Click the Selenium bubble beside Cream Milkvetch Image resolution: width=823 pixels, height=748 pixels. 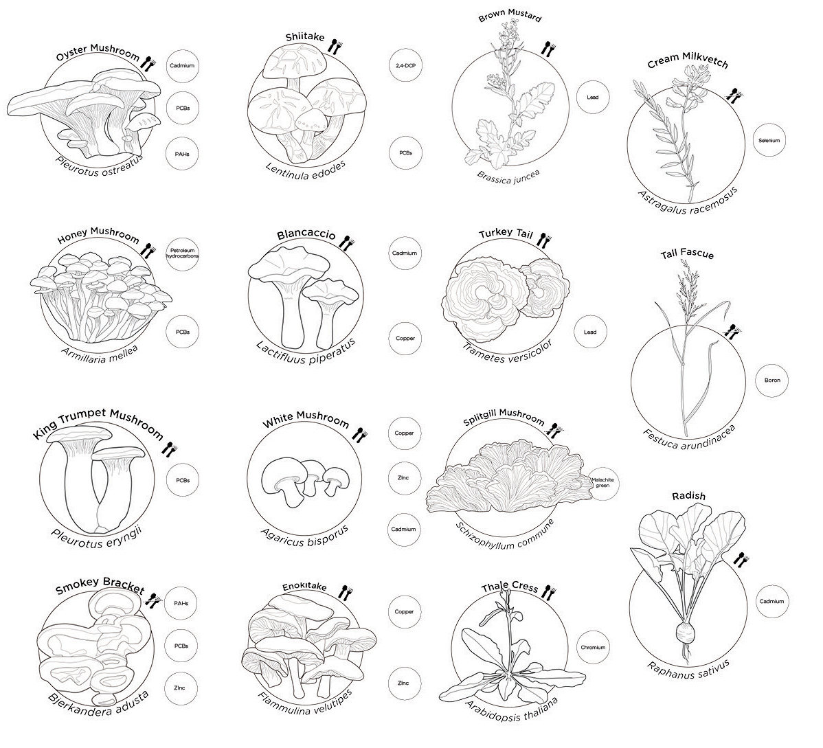click(769, 141)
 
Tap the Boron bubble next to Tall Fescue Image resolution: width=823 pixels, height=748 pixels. click(772, 380)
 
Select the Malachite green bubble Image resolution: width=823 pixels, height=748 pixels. click(602, 482)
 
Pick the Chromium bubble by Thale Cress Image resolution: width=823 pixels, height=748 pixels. click(593, 647)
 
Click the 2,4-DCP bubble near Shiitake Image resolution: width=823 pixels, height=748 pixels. click(406, 66)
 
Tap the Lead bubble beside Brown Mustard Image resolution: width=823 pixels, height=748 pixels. click(593, 97)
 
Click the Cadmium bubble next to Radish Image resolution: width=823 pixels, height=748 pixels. click(771, 601)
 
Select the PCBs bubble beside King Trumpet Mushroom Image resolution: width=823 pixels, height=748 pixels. click(183, 480)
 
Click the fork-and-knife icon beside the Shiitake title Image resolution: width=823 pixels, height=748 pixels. click(334, 45)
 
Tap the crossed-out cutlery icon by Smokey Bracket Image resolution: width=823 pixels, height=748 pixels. click(153, 600)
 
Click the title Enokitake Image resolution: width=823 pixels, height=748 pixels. click(304, 587)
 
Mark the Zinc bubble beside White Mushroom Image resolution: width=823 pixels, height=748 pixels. click(404, 477)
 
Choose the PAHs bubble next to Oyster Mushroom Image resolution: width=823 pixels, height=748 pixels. click(182, 154)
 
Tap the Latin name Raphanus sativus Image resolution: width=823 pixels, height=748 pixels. click(688, 671)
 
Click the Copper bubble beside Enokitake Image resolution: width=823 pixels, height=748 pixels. click(404, 611)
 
